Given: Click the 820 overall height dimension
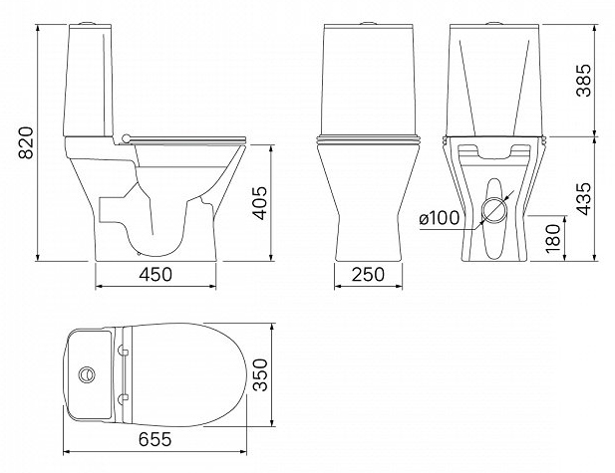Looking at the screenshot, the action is (26, 142).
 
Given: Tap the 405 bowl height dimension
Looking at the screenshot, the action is (259, 203).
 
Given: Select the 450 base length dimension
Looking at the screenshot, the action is (155, 274).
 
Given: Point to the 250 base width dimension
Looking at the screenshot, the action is (368, 274).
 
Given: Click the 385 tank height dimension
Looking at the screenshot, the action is (583, 80).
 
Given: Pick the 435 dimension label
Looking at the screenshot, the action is (583, 199).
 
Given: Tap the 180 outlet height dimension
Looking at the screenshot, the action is (553, 239).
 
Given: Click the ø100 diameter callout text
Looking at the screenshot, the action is (439, 218).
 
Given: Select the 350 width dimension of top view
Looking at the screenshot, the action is (259, 374).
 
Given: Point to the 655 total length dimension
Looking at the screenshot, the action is (154, 439).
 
